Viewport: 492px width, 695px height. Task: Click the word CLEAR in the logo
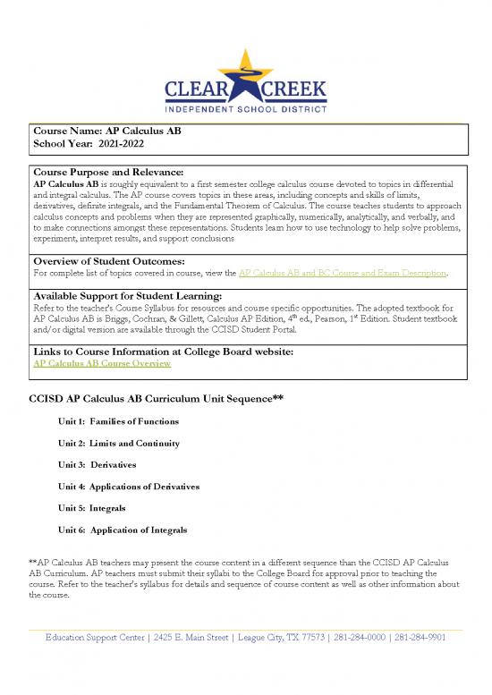click(204, 93)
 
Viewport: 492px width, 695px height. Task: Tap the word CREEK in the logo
click(289, 93)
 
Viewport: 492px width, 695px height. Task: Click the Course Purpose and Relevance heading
click(107, 171)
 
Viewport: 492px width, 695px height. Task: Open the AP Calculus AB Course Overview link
click(95, 364)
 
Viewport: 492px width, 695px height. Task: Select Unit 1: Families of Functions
click(117, 421)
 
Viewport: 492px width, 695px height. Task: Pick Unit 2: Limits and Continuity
click(119, 444)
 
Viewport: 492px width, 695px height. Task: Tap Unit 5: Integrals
click(92, 508)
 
